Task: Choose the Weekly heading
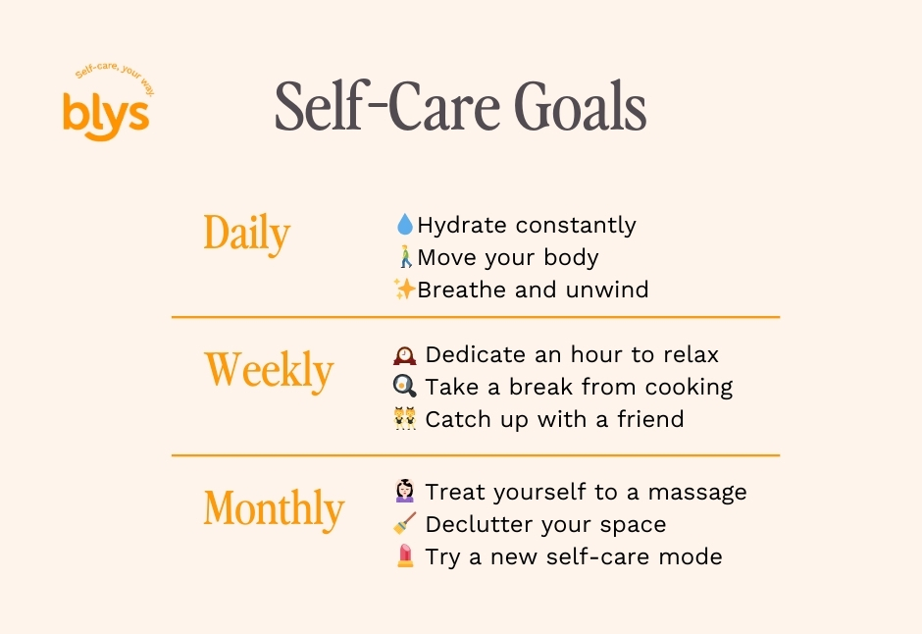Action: click(269, 371)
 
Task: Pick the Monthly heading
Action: click(274, 508)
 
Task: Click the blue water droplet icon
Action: click(404, 224)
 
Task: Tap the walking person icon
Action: click(405, 256)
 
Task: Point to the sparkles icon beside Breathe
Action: click(404, 289)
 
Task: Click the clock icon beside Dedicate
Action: click(404, 355)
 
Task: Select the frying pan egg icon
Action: click(404, 387)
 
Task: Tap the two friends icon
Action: click(404, 419)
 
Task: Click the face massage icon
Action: click(404, 491)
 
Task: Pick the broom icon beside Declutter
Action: click(404, 523)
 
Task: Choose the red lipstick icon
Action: click(404, 555)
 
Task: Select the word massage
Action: click(697, 493)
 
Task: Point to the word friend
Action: click(650, 419)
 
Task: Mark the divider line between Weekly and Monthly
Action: click(476, 455)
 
